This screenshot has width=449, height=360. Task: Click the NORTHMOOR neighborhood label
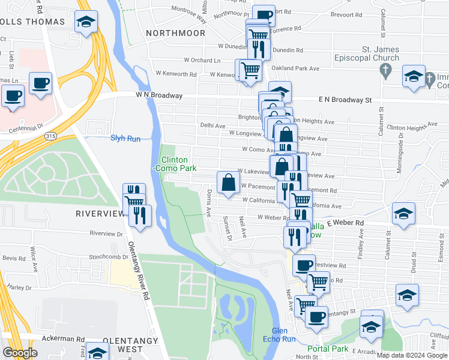175,33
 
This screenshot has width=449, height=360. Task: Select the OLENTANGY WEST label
122,344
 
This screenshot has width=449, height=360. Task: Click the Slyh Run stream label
125,139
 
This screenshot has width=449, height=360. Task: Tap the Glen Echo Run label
284,335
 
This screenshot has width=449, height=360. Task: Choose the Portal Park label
328,349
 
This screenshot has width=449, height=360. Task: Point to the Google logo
20,353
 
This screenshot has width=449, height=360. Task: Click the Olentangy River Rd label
138,271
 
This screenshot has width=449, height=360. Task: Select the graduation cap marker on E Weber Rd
403,213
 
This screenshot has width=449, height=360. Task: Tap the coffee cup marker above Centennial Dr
13,95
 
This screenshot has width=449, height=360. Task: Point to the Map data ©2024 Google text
412,355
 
